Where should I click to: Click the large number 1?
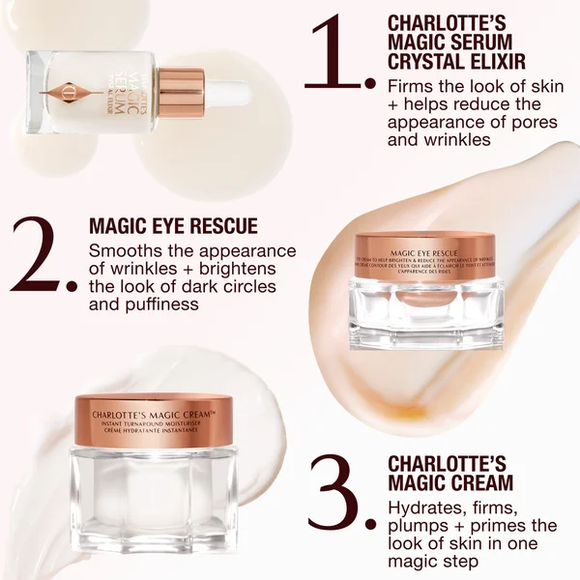point(333,48)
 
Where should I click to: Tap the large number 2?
point(37,253)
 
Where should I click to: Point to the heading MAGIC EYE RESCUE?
point(173,226)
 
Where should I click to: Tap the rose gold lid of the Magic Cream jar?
point(156,420)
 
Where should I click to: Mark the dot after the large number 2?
point(71,286)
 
